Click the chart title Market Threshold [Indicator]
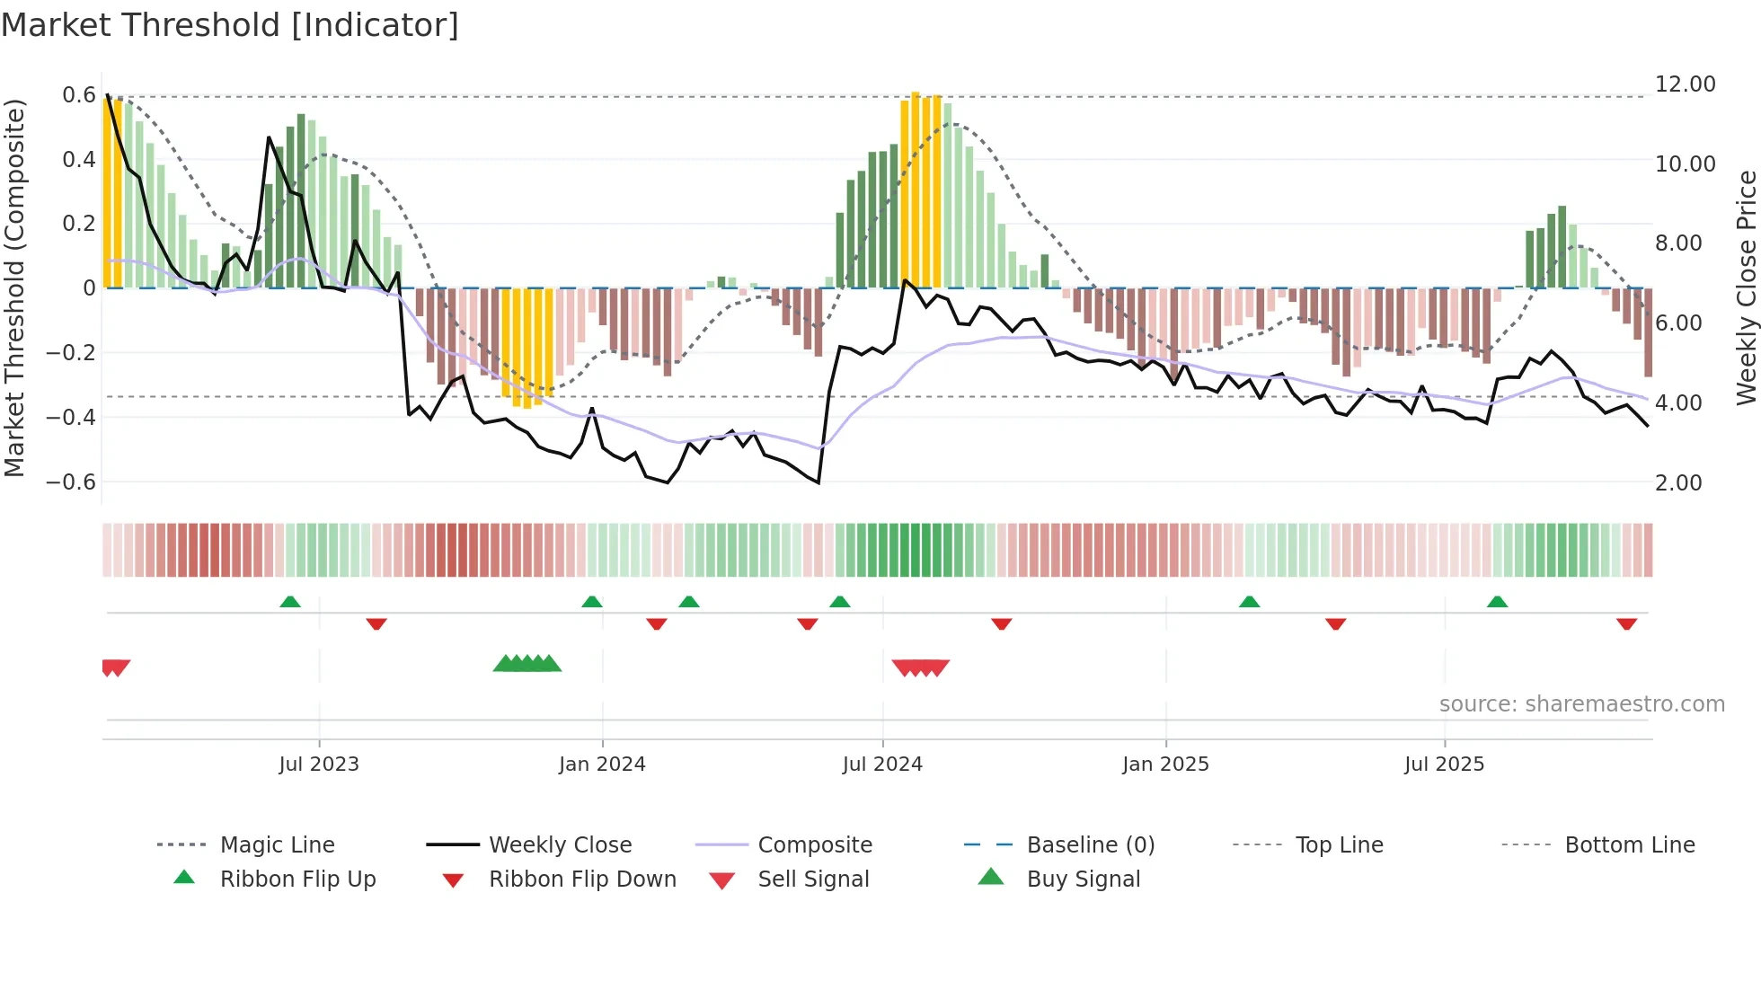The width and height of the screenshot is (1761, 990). pyautogui.click(x=230, y=25)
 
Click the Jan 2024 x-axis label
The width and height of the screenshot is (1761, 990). pyautogui.click(x=602, y=764)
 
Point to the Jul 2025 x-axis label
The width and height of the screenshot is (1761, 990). pyautogui.click(x=1444, y=764)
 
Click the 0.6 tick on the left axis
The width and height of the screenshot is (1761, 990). pyautogui.click(x=79, y=95)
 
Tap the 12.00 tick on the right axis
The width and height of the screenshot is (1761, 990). pyautogui.click(x=1685, y=84)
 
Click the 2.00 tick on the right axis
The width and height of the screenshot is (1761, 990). pyautogui.click(x=1678, y=482)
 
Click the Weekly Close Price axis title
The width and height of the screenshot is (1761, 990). pyautogui.click(x=1746, y=287)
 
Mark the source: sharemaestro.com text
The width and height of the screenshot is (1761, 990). pyautogui.click(x=1581, y=703)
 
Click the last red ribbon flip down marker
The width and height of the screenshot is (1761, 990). pyautogui.click(x=1626, y=623)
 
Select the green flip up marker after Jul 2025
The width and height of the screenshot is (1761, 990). pyautogui.click(x=1497, y=602)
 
